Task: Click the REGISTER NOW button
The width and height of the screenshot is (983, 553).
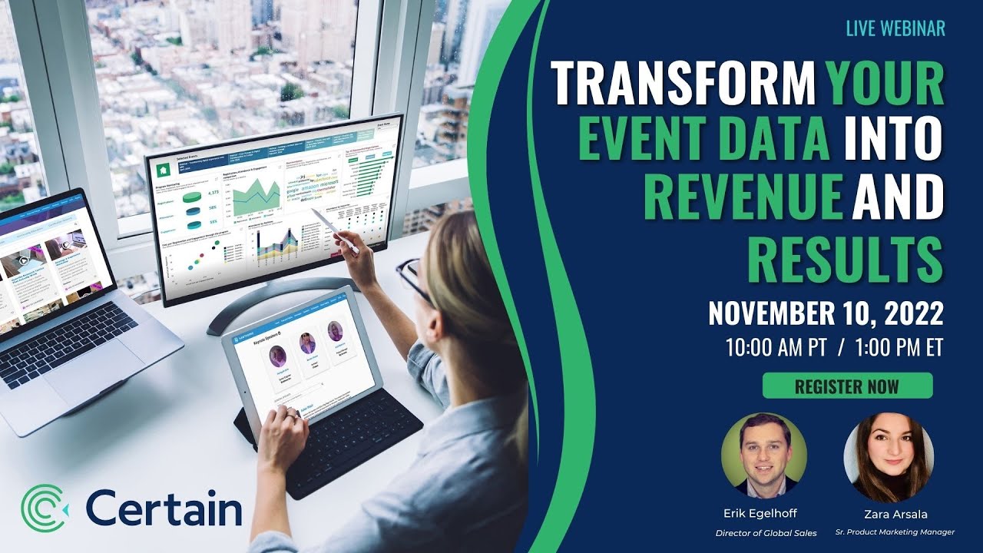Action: point(847,386)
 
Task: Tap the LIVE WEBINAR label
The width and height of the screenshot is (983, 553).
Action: point(895,28)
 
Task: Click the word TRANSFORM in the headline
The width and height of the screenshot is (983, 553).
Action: point(683,84)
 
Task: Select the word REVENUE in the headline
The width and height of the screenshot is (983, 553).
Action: point(743,197)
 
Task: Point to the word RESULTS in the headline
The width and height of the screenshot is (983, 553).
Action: point(845,261)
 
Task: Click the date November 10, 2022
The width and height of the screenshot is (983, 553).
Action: point(826,313)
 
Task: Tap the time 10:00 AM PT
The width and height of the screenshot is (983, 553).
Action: point(776,347)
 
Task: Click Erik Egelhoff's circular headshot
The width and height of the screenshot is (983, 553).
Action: point(764,455)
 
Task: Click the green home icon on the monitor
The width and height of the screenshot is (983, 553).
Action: point(163,170)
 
